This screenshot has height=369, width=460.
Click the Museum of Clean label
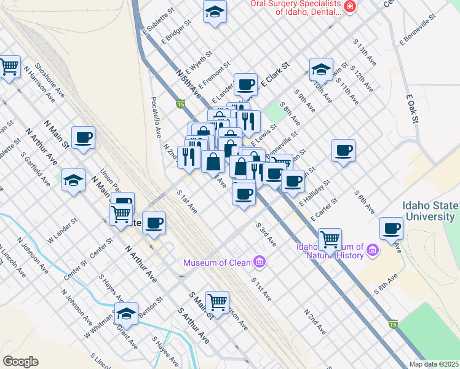click(216, 263)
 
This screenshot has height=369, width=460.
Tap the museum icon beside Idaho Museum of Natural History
click(372, 250)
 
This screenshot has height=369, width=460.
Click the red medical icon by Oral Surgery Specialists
click(350, 6)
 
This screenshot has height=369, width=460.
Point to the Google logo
click(20, 361)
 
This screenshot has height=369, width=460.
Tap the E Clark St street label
click(274, 73)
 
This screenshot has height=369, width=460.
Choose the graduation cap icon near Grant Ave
click(126, 313)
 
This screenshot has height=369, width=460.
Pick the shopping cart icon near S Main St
click(217, 301)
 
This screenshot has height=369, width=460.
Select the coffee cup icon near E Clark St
click(245, 84)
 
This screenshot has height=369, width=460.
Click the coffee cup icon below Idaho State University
click(391, 228)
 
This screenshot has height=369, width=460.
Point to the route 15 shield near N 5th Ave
click(180, 104)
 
